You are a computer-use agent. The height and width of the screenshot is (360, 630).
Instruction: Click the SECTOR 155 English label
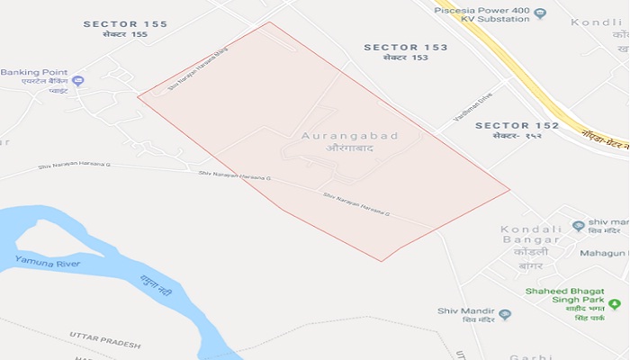125,24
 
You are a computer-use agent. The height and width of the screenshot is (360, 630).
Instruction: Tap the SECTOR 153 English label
405,47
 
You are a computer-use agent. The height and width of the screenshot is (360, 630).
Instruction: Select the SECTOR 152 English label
517,125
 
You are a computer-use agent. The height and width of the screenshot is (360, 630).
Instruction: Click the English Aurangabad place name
350,136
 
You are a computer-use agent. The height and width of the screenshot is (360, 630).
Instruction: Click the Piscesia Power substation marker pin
540,13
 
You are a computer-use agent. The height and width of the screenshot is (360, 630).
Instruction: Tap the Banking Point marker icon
78,81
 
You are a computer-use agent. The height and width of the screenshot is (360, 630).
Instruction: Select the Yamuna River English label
47,263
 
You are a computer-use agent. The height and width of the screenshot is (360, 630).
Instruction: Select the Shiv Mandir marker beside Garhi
505,314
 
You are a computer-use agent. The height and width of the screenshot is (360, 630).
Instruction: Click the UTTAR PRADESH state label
106,339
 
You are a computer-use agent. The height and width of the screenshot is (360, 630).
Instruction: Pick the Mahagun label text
605,254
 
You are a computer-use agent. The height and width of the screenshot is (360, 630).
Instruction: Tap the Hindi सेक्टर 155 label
125,35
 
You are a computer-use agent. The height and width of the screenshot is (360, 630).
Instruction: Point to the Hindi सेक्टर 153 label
405,58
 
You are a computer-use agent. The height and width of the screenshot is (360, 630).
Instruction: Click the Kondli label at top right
603,22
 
